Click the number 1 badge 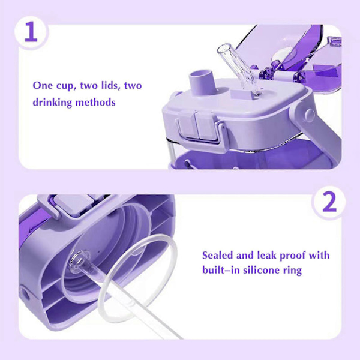coord(31,32)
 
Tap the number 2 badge coord(329,202)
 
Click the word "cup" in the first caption coord(64,86)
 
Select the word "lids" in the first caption coord(110,85)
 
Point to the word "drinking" coord(52,102)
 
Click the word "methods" coord(95,102)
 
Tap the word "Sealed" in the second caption coord(217,255)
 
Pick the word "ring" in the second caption coord(292,271)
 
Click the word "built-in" coord(221,270)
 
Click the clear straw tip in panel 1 coord(224,49)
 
